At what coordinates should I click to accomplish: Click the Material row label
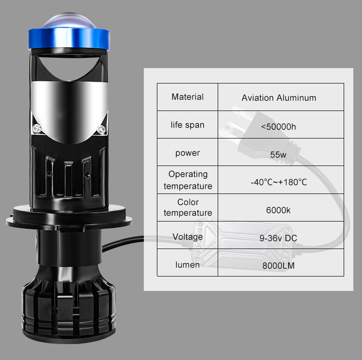point(187,97)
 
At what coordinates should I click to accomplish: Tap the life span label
point(187,125)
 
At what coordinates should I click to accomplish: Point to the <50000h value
point(278,127)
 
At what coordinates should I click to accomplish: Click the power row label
point(187,153)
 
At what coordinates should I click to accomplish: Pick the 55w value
point(278,154)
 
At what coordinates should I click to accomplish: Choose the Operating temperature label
point(188,180)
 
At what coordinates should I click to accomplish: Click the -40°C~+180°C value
point(279,182)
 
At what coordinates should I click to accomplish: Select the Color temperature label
point(188,208)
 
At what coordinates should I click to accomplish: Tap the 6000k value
point(278,210)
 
